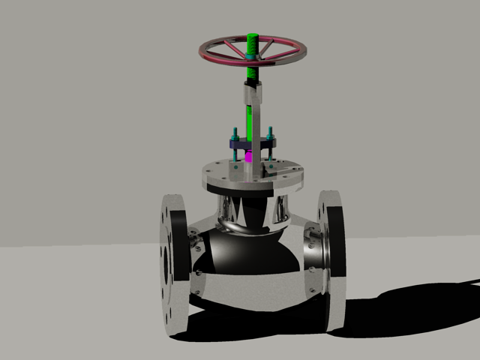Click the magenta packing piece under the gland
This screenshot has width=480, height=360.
coord(249,157)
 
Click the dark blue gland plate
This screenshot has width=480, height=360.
coord(251,143)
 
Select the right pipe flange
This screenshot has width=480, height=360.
coord(331,259)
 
